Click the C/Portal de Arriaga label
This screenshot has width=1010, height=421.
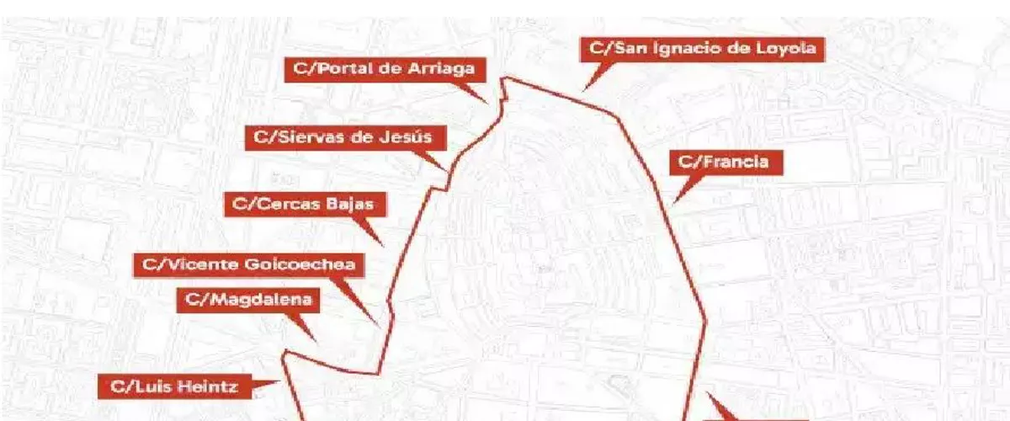(385, 69)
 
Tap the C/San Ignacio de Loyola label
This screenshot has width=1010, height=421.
(702, 49)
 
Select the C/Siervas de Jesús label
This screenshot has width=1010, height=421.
(345, 137)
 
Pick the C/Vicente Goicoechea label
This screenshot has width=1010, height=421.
(248, 264)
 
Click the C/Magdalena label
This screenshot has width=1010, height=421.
(247, 300)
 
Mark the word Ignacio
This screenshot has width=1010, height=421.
(688, 49)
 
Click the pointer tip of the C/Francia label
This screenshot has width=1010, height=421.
(674, 203)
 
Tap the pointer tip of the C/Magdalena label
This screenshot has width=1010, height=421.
(317, 342)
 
